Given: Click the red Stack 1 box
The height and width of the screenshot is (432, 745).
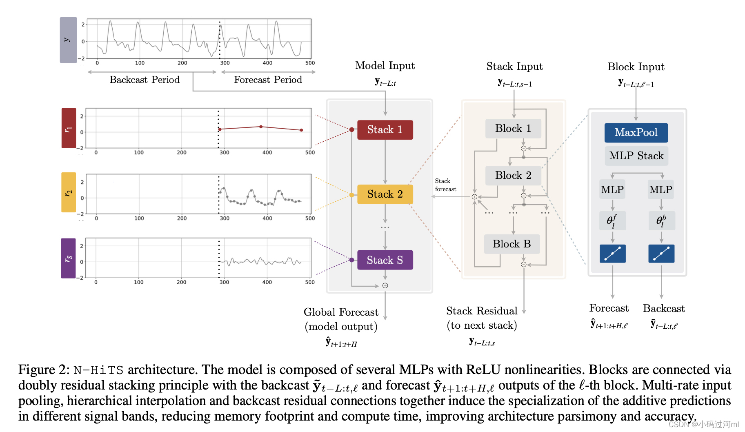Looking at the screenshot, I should [385, 130].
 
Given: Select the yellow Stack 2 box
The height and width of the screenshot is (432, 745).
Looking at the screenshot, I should [385, 194].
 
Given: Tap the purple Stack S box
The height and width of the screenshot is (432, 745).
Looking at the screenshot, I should [385, 260].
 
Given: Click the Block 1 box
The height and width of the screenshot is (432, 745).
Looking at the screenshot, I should [513, 129].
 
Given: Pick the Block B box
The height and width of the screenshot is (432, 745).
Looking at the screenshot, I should [511, 244].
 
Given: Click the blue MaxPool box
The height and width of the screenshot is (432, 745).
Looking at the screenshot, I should [636, 133].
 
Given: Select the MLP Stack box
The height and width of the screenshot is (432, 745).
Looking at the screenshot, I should [636, 156].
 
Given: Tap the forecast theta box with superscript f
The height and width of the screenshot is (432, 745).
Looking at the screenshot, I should [612, 221].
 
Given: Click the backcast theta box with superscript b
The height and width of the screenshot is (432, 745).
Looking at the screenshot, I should [661, 221].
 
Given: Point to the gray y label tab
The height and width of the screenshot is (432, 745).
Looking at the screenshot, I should [68, 40].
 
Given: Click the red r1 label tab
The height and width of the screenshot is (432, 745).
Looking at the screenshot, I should [69, 128].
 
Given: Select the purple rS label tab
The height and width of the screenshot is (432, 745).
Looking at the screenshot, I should [68, 258].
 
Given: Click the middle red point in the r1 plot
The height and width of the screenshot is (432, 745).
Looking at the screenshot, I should [261, 127].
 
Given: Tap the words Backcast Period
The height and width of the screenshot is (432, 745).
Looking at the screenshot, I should [145, 80].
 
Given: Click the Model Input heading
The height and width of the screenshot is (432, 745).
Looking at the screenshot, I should [385, 66].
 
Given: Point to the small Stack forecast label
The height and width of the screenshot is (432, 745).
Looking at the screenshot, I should [445, 185].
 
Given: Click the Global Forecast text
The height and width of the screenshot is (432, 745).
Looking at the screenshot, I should [341, 312].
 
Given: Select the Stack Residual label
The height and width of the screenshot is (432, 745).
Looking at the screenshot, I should [481, 311].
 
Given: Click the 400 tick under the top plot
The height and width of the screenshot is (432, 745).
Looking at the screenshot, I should [267, 63].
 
